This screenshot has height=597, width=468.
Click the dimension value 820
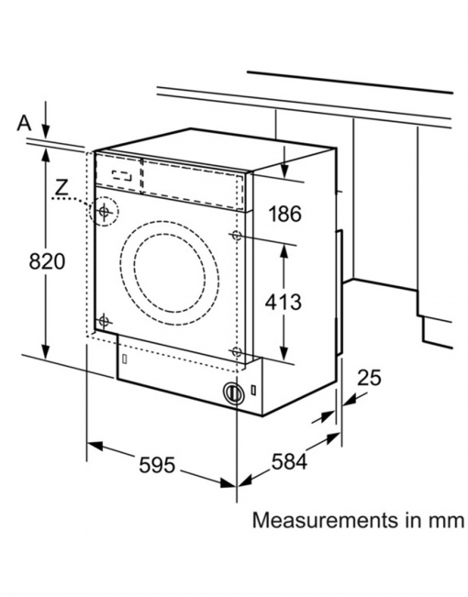46,261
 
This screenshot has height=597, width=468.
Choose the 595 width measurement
157,465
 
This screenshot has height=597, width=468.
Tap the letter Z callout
61,187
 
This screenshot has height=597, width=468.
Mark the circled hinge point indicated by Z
106,212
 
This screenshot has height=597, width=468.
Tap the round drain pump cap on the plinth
235,392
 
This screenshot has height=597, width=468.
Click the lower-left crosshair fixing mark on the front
104,321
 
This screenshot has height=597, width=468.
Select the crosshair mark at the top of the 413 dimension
238,237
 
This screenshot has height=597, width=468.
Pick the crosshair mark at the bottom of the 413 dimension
238,353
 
